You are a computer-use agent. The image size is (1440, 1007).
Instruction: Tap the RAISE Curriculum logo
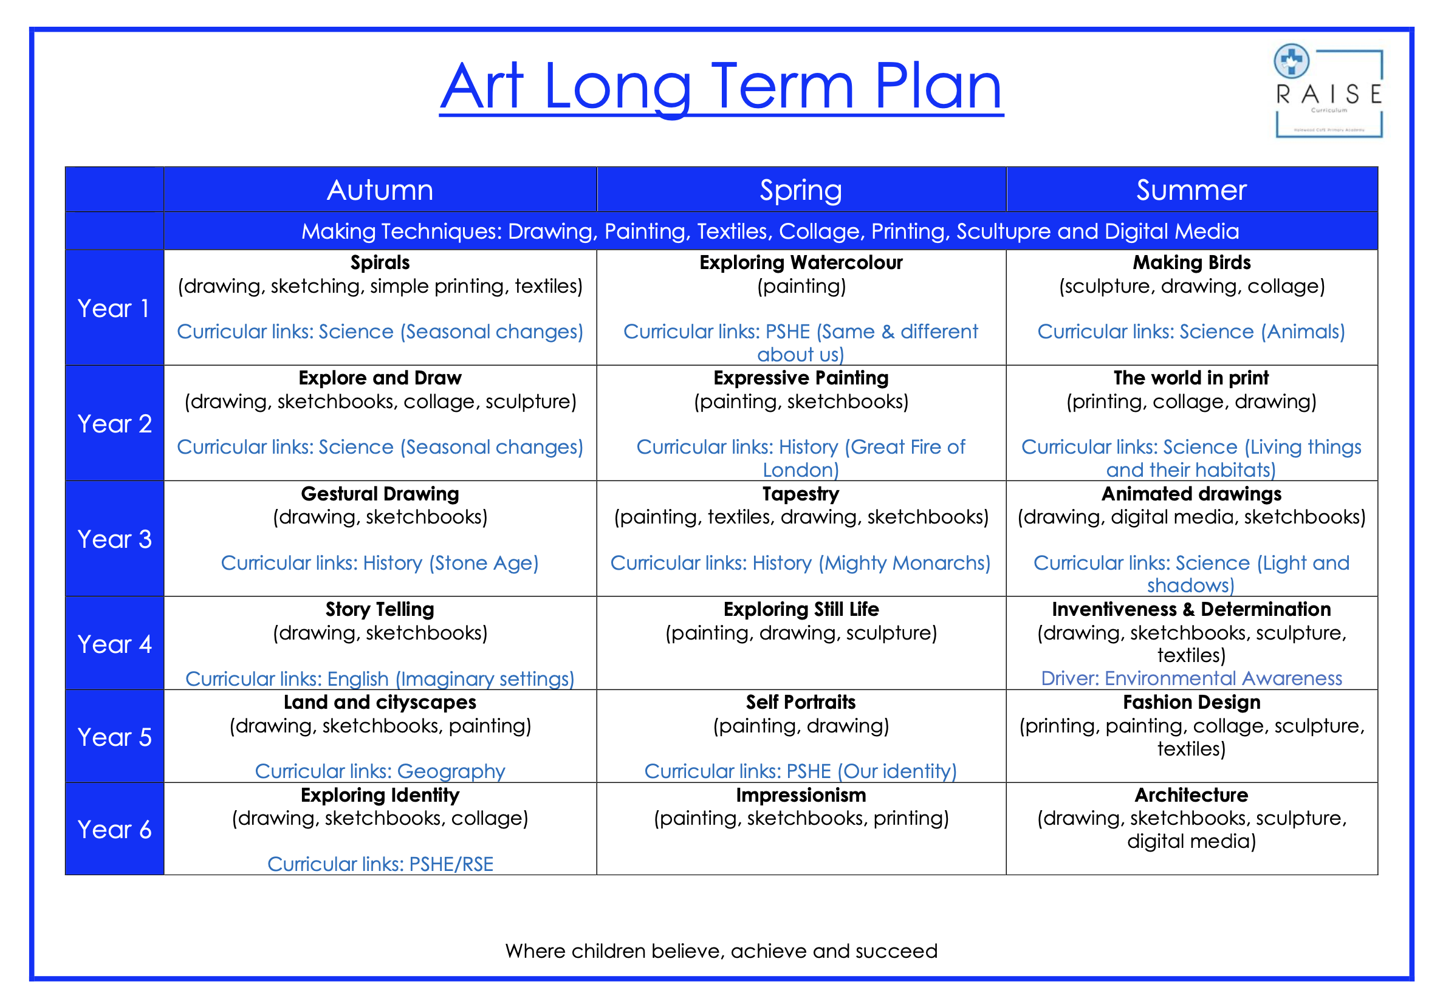click(1328, 92)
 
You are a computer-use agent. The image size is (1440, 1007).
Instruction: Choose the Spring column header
click(800, 190)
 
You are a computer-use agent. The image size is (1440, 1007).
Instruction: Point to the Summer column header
click(1191, 190)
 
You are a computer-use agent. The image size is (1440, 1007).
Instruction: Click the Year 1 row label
click(114, 309)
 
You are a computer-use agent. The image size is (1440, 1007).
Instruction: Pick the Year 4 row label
click(114, 644)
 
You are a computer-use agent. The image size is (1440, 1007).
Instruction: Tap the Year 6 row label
click(114, 830)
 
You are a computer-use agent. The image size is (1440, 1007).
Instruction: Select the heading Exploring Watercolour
click(801, 263)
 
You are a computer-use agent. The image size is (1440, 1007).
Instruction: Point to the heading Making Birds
click(1191, 263)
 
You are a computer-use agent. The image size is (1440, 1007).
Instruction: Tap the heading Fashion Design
click(1191, 702)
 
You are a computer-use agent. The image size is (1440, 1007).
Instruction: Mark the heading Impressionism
click(800, 795)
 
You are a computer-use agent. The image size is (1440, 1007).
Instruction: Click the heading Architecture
click(1191, 795)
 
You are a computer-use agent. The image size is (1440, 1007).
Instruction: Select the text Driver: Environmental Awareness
click(1191, 678)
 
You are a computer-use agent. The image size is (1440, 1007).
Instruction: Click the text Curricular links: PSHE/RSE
click(380, 864)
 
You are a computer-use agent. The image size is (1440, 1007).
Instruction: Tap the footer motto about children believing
click(721, 951)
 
